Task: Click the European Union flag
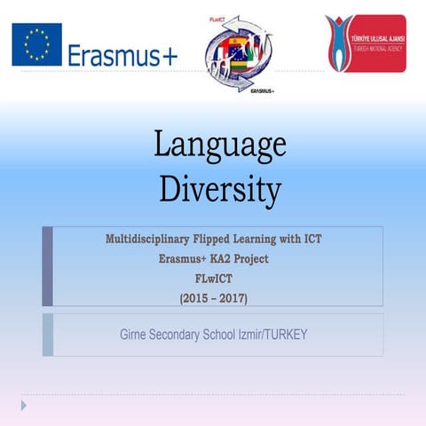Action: (36, 44)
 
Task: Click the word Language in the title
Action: (220, 144)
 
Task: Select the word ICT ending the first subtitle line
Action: (327, 240)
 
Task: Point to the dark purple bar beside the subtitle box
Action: (48, 266)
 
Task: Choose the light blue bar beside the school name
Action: (48, 335)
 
